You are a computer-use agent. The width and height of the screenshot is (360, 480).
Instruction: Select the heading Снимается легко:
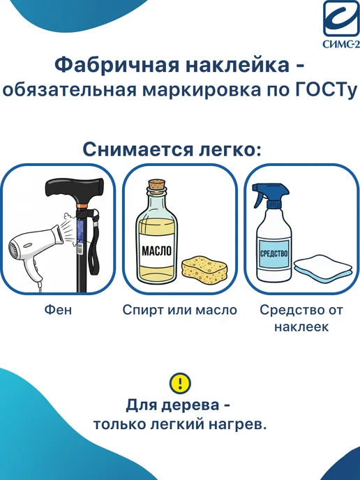point(172,149)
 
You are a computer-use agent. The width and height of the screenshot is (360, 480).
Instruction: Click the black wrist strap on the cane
point(94,245)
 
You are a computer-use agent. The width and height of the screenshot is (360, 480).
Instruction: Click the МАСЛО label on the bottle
point(157,250)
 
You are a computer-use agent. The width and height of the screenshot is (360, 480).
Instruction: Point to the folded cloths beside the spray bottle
point(323,266)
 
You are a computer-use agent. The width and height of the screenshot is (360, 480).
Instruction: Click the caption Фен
point(58,310)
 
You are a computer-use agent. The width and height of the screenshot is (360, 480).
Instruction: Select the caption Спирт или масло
point(180,310)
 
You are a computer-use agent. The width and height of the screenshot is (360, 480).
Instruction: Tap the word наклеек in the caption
point(301,327)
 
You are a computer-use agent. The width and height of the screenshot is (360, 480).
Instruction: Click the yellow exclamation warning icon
point(180,382)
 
